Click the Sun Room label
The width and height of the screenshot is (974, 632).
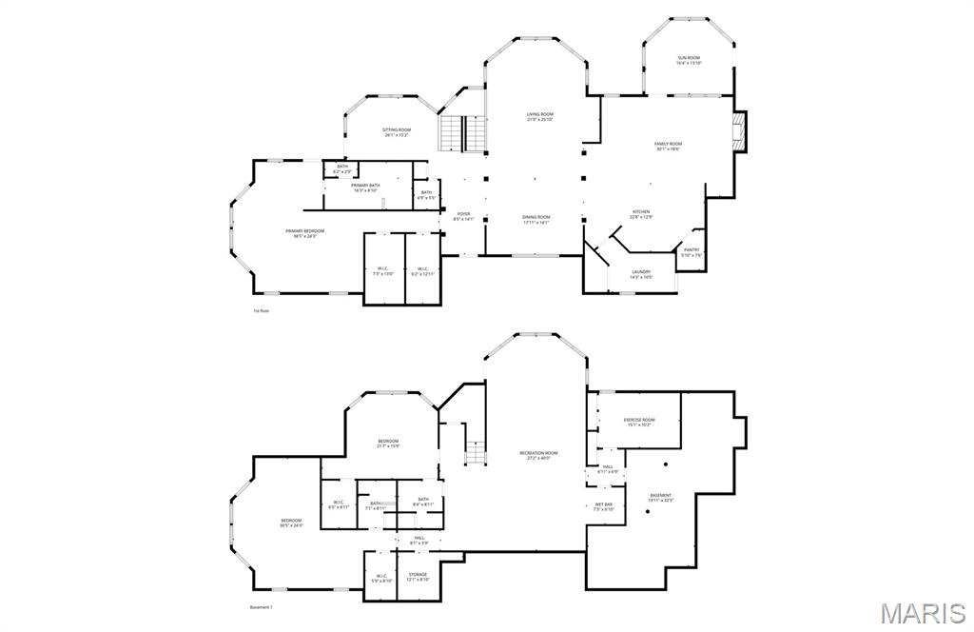[x=689, y=60]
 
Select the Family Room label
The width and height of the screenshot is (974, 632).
[x=669, y=146]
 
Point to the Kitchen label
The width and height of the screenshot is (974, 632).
[x=642, y=213]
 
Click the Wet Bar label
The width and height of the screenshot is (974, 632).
[x=603, y=505]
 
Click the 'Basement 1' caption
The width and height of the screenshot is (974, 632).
[x=261, y=607]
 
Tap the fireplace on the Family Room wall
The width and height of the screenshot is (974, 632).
[x=740, y=132]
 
